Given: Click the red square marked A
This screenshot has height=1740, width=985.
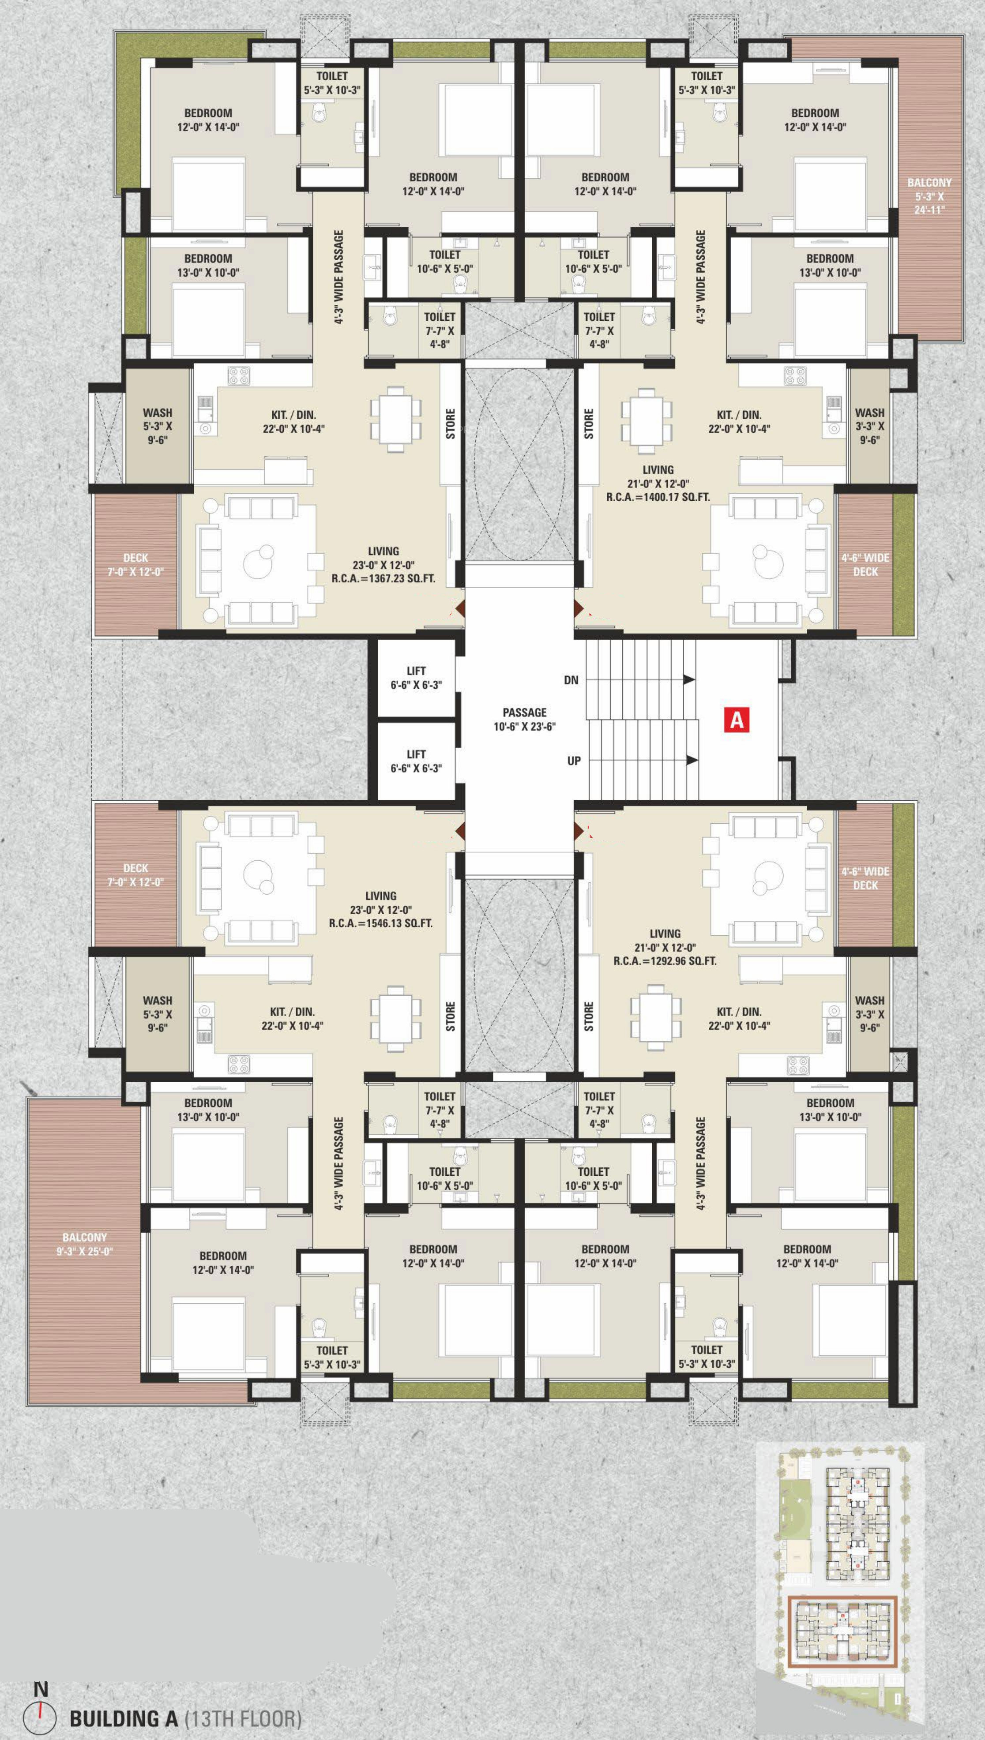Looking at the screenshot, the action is (737, 719).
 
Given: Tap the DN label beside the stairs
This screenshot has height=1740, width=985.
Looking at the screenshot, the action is (571, 680).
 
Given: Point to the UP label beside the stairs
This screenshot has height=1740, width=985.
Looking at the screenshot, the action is (574, 761).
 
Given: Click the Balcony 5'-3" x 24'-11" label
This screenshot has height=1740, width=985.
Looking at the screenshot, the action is (929, 196).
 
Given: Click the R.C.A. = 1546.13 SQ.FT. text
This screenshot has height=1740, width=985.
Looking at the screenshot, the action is (381, 923).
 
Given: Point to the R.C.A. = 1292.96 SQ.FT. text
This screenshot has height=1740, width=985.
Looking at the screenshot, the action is (665, 960).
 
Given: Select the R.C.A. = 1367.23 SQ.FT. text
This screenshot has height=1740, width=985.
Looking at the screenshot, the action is (383, 578).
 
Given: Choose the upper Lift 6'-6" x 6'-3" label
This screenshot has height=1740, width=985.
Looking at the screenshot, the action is (416, 678).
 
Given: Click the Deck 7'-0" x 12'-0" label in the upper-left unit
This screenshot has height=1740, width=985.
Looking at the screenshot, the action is (135, 565).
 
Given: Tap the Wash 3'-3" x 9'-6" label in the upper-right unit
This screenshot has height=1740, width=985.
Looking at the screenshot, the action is (870, 426).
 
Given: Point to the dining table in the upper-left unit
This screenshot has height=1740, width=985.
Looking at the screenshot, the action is (396, 419).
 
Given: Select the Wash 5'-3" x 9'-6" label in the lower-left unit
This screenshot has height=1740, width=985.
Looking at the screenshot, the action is (158, 1014).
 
